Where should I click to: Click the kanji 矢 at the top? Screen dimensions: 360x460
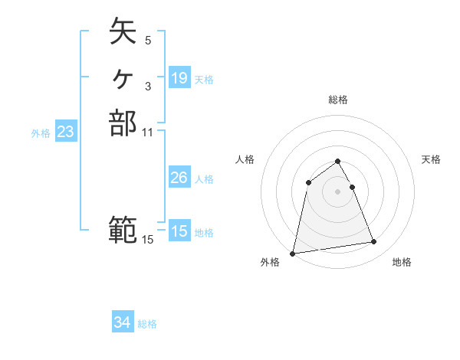click(x=123, y=31)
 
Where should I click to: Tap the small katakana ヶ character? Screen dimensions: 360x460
click(x=123, y=77)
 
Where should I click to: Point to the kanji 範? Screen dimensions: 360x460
click(x=123, y=229)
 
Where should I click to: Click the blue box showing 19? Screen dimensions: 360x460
click(x=179, y=78)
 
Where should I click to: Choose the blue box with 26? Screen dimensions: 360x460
click(x=179, y=178)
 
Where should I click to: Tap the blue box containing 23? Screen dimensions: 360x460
click(x=66, y=132)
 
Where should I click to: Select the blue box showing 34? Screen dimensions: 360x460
click(x=123, y=323)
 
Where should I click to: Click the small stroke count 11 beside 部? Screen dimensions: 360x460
click(x=148, y=133)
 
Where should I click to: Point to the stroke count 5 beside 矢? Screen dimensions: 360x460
click(x=148, y=39)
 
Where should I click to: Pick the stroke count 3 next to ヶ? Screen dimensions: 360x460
click(x=148, y=85)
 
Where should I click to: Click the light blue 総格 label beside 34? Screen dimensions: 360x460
click(x=147, y=324)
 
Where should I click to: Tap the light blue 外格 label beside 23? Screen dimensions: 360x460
click(x=41, y=133)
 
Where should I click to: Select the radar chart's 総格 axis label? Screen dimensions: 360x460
click(x=337, y=100)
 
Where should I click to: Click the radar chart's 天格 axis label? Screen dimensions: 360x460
click(x=431, y=159)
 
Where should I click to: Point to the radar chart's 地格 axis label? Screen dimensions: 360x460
click(x=402, y=263)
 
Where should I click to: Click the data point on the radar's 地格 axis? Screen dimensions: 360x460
click(x=374, y=242)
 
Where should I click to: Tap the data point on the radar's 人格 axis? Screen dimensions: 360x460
click(x=308, y=182)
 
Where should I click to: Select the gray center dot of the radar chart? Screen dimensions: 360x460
click(x=337, y=191)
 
